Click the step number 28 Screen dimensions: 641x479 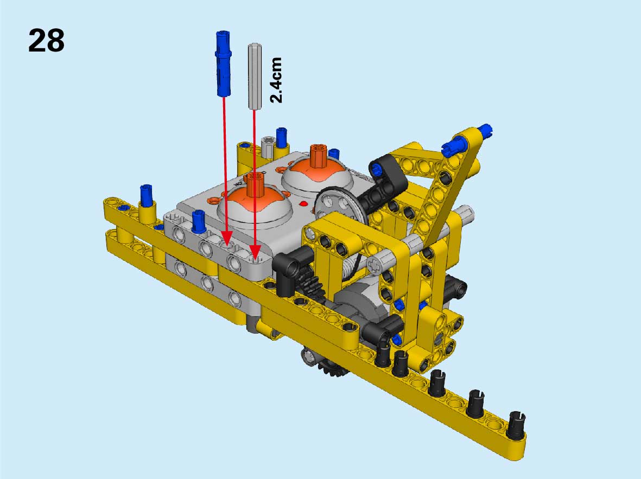(46, 41)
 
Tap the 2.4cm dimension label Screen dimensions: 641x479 (276, 80)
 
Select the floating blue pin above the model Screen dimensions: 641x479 (223, 64)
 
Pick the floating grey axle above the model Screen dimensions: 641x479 (254, 76)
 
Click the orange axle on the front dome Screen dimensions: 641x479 (255, 184)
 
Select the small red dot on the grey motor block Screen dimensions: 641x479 (303, 203)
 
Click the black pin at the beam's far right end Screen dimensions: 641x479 (516, 425)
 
